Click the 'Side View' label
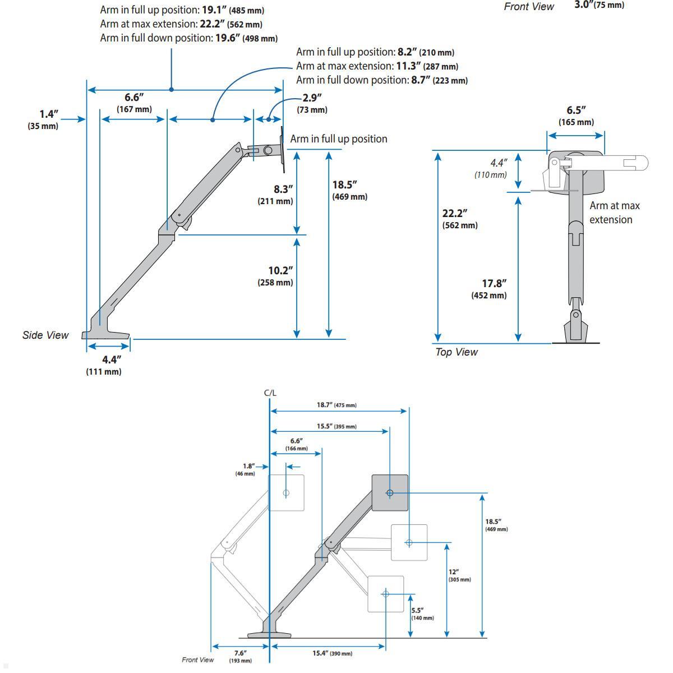click(45, 335)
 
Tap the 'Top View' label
click(457, 352)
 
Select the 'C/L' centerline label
click(270, 393)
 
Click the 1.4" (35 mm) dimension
click(43, 119)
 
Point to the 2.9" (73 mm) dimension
click(312, 103)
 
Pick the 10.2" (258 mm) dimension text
click(275, 276)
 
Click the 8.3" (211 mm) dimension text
click(275, 195)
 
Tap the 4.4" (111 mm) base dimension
click(104, 365)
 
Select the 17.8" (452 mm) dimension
click(489, 289)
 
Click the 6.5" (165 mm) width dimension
click(576, 116)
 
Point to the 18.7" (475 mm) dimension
click(336, 405)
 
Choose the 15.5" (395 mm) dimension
click(336, 426)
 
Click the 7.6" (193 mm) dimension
click(240, 656)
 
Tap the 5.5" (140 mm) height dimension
click(422, 614)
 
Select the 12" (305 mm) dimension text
click(459, 575)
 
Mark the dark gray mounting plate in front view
click(390, 492)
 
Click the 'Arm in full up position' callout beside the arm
click(339, 139)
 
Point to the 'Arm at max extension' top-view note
click(614, 213)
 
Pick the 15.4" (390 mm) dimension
click(332, 653)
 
